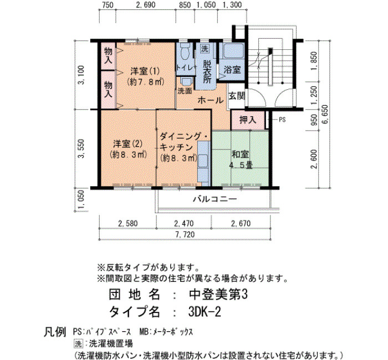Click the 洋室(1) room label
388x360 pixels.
point(145,71)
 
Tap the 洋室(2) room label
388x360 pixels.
point(128,143)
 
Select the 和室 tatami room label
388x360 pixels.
point(240,154)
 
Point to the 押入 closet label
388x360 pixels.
point(248,120)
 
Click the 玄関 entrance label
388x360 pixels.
point(237,96)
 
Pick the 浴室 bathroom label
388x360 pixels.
point(232,69)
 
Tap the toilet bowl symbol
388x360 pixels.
point(185,51)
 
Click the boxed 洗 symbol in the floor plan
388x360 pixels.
point(205,49)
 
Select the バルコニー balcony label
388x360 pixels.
point(215,199)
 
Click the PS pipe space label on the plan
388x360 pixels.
point(282,120)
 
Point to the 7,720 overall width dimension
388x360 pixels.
point(185,234)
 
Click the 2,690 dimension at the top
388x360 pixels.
point(146,4)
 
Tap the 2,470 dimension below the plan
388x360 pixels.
point(183,224)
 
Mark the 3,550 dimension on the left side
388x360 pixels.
point(81,148)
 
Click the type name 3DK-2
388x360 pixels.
point(205,312)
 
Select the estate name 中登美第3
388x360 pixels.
point(218,294)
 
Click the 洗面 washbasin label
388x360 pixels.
point(185,91)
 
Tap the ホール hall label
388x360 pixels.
point(211,100)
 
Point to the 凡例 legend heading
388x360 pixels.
point(55,332)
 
